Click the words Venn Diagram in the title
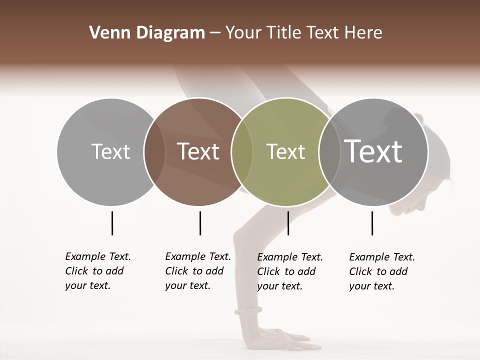147,33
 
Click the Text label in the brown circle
198,151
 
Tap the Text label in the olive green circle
285,151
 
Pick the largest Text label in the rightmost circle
373,151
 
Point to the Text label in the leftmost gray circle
111,151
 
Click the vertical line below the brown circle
200,223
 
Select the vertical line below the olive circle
288,223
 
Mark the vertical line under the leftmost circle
112,223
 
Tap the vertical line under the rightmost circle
372,223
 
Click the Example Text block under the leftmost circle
98,271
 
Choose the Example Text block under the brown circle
198,271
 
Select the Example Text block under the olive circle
290,271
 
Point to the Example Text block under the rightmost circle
382,271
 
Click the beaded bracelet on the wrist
247,311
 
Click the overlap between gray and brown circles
154,151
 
